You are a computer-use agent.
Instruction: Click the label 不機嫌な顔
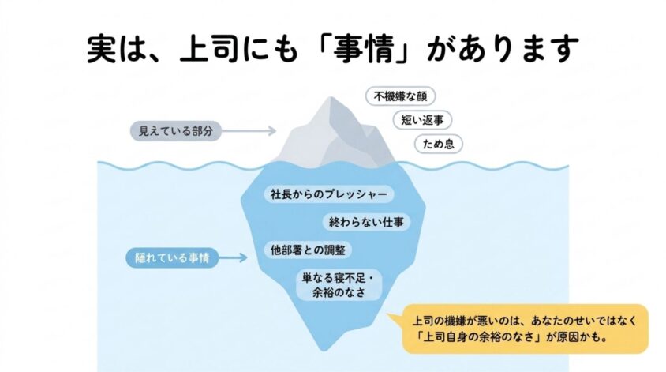(x=401, y=96)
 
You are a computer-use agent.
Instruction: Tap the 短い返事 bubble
(x=422, y=120)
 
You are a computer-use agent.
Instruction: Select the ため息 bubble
(x=438, y=144)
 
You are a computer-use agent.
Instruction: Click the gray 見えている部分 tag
(x=176, y=131)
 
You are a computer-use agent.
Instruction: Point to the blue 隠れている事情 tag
(x=172, y=257)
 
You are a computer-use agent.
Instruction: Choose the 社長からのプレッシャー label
(x=329, y=194)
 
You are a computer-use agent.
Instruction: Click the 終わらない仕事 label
(x=367, y=222)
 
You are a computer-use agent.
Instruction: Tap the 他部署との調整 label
(x=308, y=250)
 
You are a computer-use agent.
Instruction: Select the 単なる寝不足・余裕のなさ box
(x=339, y=285)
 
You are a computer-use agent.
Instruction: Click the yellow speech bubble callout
(x=525, y=329)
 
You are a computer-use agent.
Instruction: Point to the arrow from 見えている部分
(x=249, y=131)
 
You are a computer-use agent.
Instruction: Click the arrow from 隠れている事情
(x=234, y=257)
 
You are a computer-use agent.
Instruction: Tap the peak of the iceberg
(x=331, y=97)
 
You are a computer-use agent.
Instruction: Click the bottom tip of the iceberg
(x=324, y=350)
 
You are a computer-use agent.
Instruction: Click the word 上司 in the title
(x=208, y=48)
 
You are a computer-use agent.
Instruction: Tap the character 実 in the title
(x=102, y=49)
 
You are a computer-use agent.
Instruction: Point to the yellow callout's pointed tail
(x=387, y=314)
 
